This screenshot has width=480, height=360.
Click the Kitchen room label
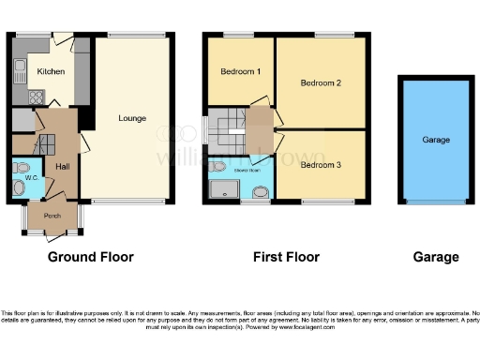[50, 71]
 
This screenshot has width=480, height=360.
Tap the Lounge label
[132, 119]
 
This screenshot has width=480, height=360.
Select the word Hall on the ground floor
[62, 166]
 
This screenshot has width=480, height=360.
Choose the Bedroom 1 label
[240, 71]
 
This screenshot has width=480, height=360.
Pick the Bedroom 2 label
[320, 83]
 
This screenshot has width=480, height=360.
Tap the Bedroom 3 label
[320, 166]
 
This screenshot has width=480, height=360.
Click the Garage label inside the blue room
[436, 140]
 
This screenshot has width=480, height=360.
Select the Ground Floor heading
[90, 257]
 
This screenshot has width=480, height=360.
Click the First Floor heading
[287, 257]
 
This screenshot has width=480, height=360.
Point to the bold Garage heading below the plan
[436, 257]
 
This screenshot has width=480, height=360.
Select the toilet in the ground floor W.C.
[22, 187]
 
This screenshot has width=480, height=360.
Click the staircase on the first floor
[224, 122]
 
